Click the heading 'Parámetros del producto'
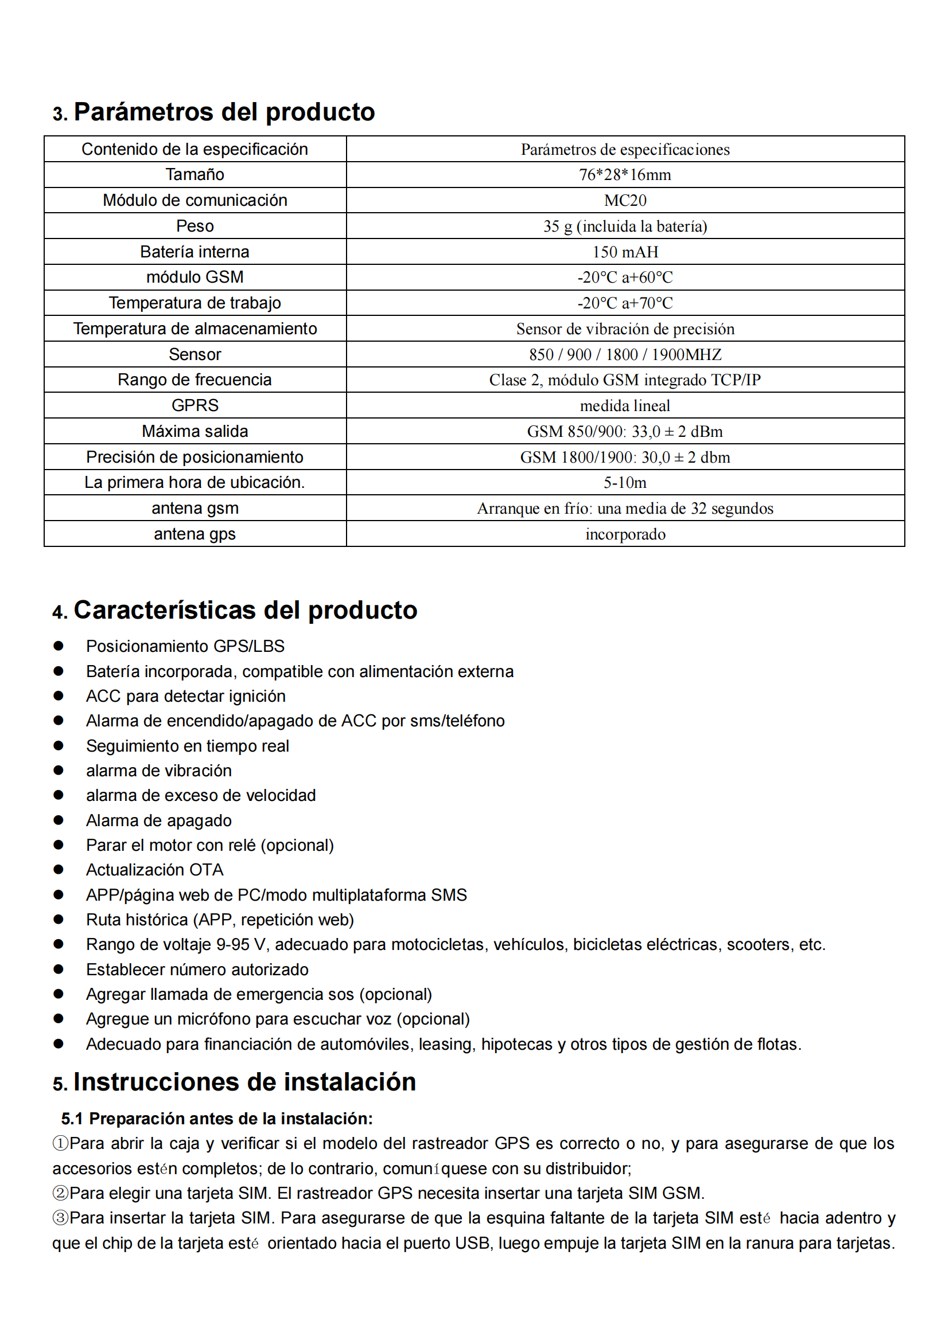224,112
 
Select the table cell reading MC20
625,200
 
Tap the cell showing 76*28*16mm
625,175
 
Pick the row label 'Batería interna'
195,252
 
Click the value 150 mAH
625,252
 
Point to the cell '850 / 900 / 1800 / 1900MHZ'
625,354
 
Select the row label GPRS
195,405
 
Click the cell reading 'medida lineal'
625,405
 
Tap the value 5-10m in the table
625,482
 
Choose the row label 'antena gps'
195,534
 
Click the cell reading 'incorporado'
625,534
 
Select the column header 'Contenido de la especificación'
195,149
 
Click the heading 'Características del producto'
245,610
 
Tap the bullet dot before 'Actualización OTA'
59,869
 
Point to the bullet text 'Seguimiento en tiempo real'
187,746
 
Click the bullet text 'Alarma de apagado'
158,820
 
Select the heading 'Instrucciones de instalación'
244,1082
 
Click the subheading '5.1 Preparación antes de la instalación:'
217,1119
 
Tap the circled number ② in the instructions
60,1193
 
